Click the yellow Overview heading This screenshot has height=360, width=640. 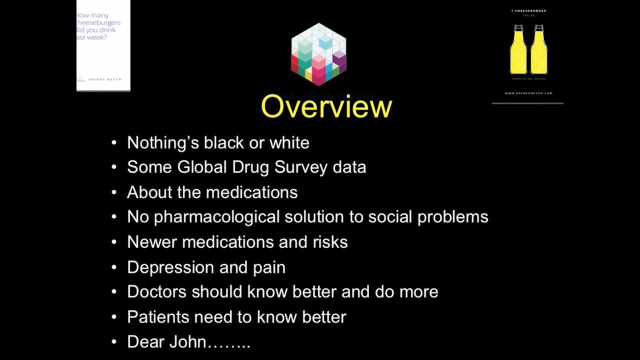pos(326,106)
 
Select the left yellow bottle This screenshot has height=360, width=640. pos(518,50)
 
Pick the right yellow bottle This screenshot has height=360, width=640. pos(538,50)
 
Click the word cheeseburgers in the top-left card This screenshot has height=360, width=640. pos(98,22)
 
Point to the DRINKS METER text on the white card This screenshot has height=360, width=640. pos(104,79)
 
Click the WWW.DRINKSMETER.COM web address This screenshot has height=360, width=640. pos(528,93)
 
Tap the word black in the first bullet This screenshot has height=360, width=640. pos(223,143)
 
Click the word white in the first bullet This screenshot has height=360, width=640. pos(289,143)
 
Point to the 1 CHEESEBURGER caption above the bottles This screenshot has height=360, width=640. pos(528,10)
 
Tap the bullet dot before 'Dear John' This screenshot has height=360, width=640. pos(114,342)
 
